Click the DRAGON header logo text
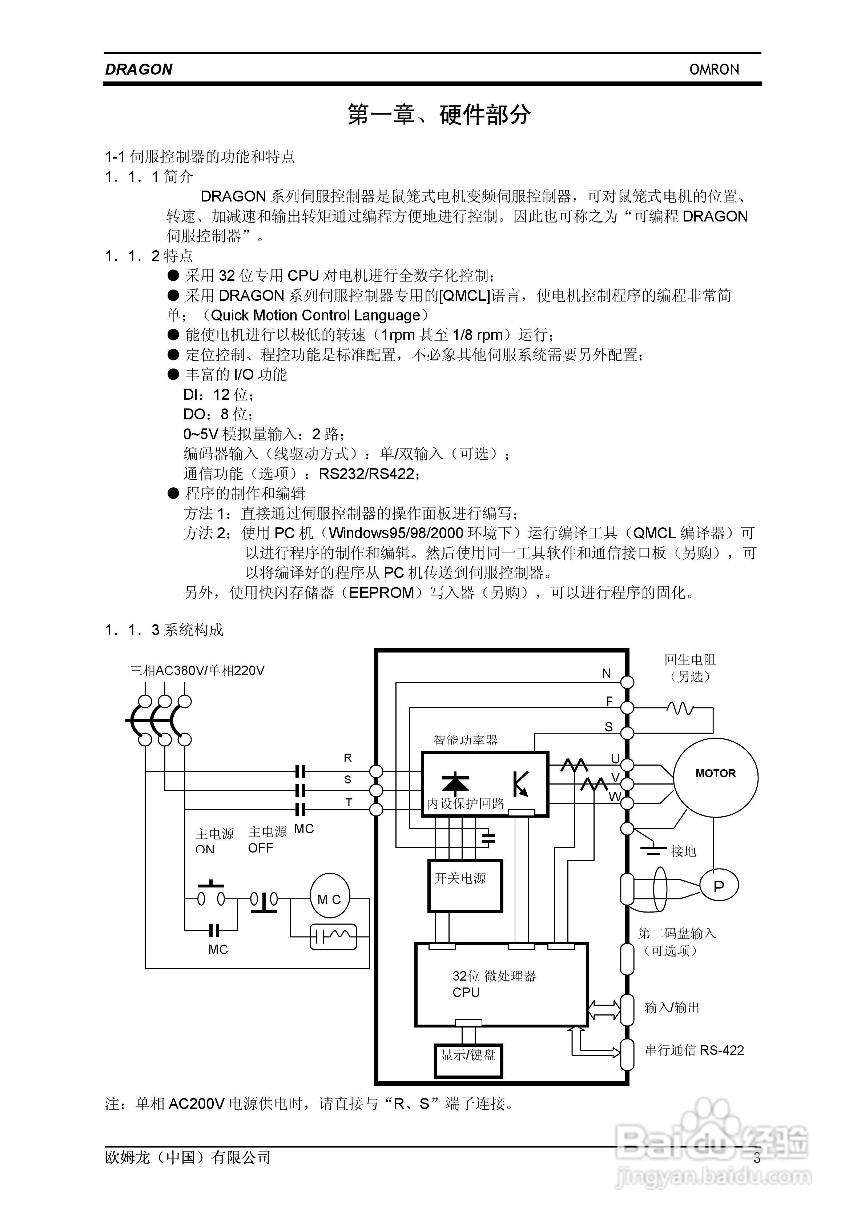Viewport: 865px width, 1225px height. [x=139, y=69]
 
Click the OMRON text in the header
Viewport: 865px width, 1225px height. [x=714, y=69]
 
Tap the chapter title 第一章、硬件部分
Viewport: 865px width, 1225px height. [x=439, y=115]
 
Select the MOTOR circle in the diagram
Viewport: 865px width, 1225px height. [x=715, y=777]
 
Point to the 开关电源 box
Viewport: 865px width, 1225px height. [x=465, y=886]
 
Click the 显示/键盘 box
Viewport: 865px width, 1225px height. [x=468, y=1055]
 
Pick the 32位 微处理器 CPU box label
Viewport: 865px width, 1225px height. [x=493, y=983]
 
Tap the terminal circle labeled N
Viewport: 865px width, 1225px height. [x=628, y=682]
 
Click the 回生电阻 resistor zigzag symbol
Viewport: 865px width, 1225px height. [x=680, y=709]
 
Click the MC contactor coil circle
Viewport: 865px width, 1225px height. [x=330, y=899]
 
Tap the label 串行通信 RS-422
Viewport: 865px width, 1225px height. [x=694, y=1050]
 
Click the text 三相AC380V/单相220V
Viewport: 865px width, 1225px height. [x=197, y=671]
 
